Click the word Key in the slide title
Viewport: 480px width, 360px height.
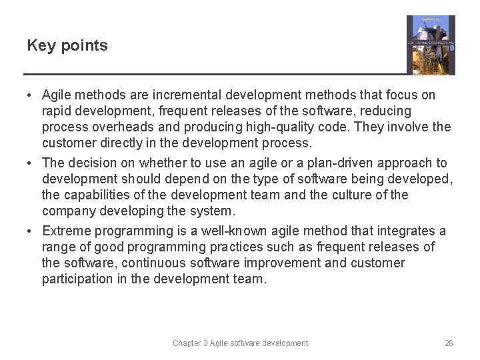(39, 46)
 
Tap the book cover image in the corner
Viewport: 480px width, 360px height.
(431, 45)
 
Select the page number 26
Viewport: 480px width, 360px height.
(449, 343)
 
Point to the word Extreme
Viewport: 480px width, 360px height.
(66, 231)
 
